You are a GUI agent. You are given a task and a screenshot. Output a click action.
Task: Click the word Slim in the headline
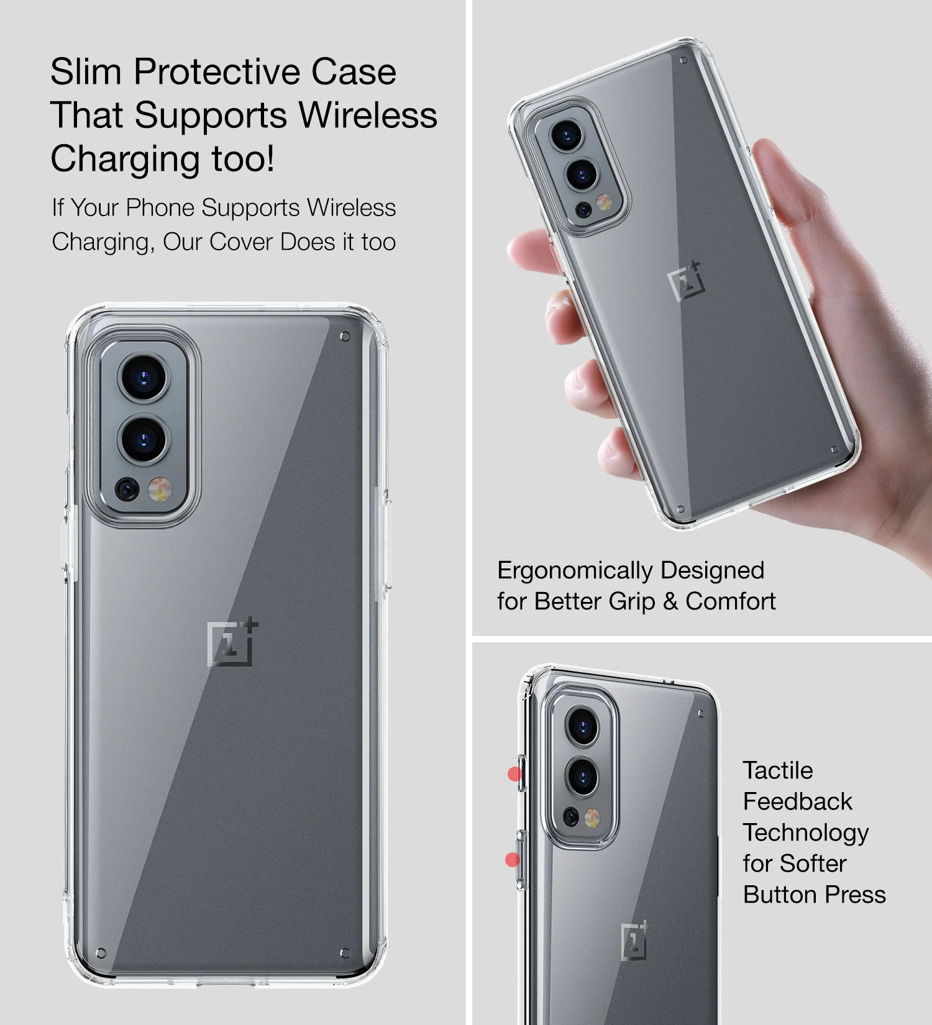pos(86,71)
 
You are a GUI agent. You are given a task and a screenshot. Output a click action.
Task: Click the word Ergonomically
pos(567,570)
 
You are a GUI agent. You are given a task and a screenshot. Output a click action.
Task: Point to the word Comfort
pos(731,601)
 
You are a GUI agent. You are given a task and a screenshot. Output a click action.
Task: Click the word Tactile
pos(778,770)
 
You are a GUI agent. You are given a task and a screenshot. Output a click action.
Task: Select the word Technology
pos(806,833)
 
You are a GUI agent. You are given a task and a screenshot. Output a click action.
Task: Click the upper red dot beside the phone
pos(514,774)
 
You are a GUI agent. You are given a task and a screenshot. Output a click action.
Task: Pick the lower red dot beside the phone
pos(513,860)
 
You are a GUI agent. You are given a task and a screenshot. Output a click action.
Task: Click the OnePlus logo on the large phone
pos(232,642)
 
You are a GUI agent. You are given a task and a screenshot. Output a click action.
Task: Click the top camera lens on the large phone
pos(144,377)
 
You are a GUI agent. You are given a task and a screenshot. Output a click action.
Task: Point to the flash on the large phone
pos(160,490)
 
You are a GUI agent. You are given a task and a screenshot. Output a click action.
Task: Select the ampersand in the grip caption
pos(670,601)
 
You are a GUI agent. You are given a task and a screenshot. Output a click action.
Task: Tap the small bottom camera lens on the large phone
pos(127,490)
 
